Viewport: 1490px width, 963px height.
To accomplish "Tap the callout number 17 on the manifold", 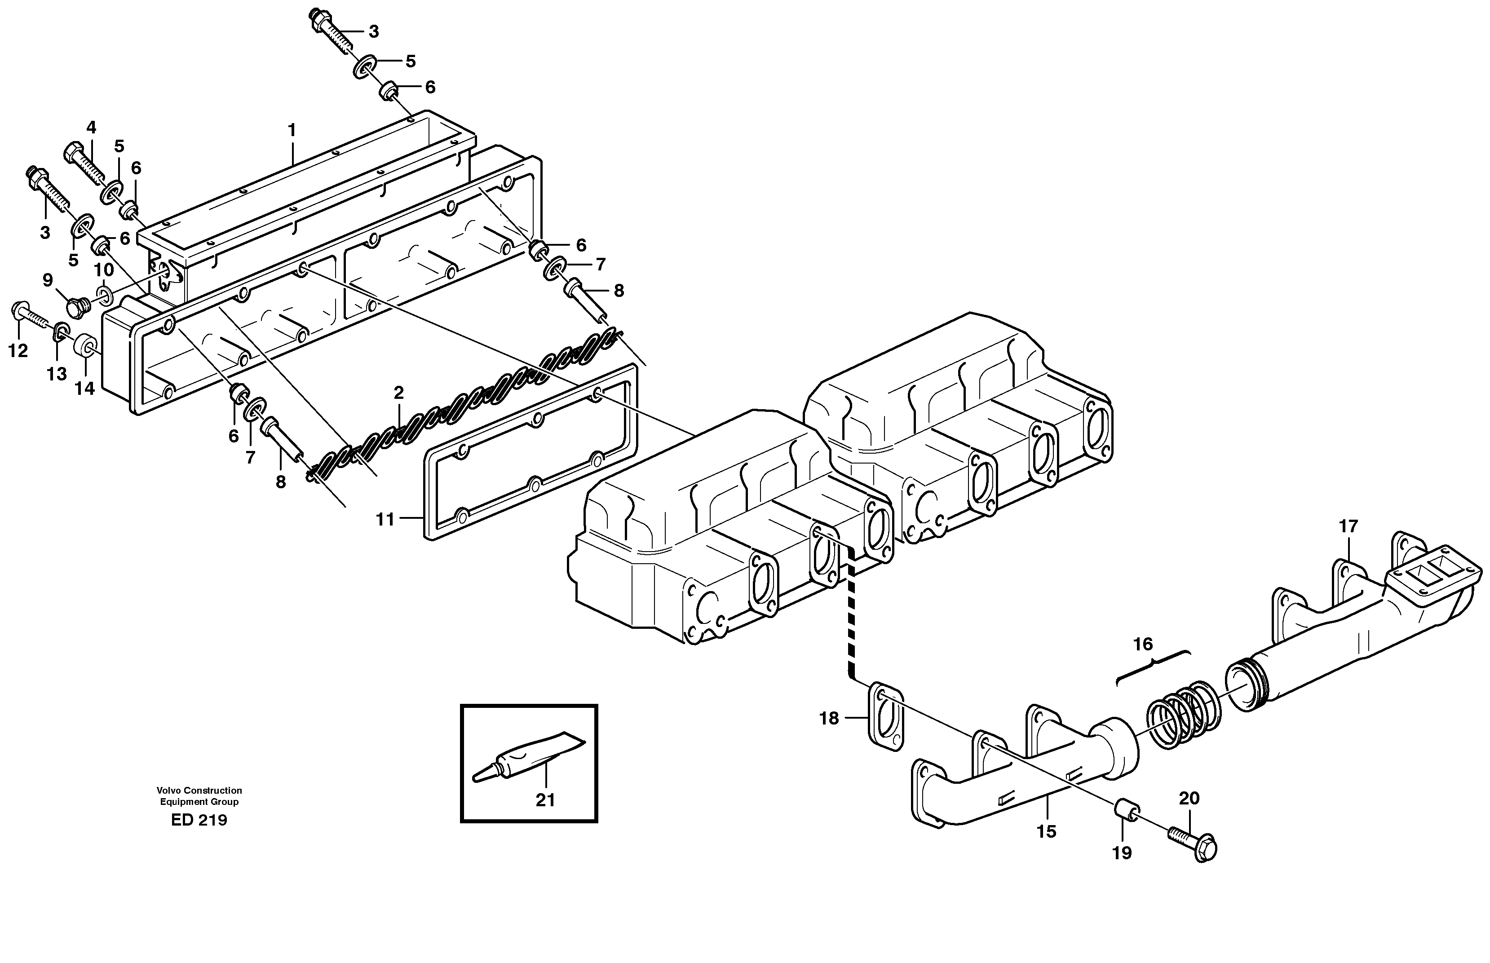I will [1349, 526].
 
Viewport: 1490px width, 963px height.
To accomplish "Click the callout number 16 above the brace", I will [1142, 644].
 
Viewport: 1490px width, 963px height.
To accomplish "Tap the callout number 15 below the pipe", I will [1046, 832].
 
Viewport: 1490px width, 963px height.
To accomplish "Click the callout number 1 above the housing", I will [292, 130].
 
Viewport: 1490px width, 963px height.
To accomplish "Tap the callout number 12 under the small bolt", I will [18, 351].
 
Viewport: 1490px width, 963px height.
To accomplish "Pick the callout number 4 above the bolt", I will [91, 128].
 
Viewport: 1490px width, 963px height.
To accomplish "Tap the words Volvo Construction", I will [199, 791].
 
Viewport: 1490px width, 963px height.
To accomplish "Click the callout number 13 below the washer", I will [56, 374].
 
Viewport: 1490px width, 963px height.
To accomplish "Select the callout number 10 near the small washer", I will [104, 270].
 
